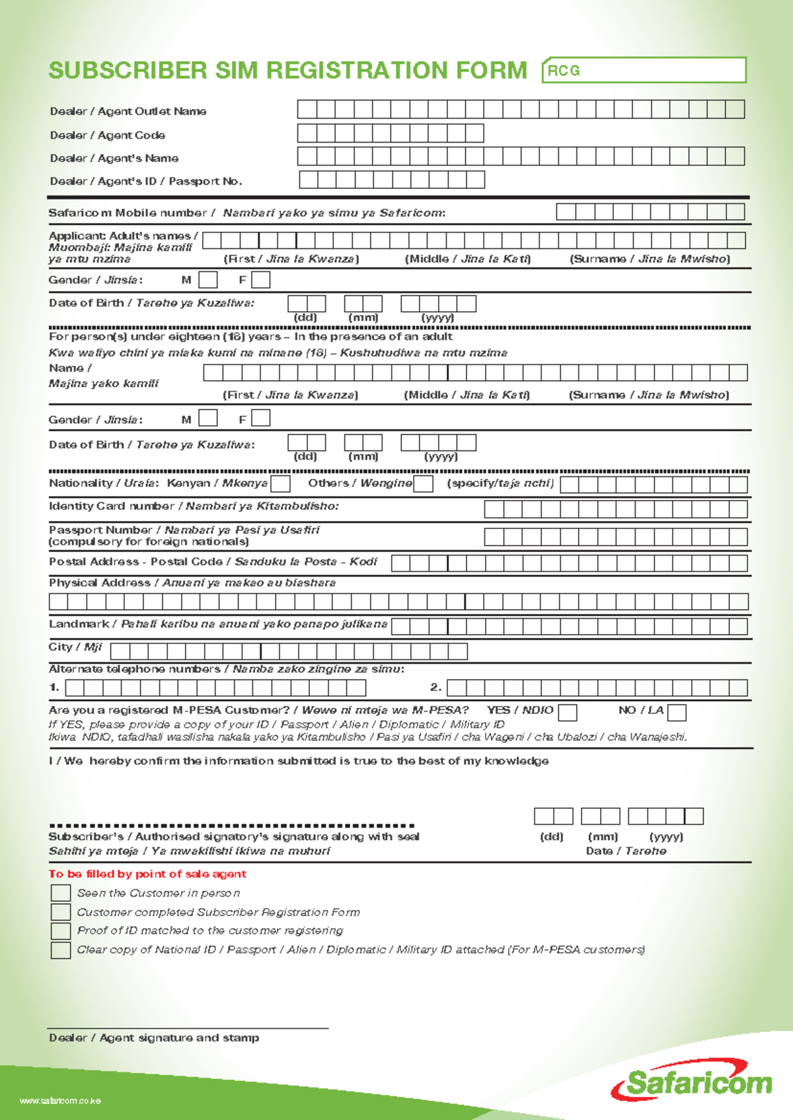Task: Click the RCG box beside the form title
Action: pyautogui.click(x=644, y=70)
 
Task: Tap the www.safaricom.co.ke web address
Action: pyautogui.click(x=60, y=1101)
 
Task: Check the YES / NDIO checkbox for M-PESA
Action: pyautogui.click(x=567, y=713)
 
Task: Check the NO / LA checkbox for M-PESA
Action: pyautogui.click(x=677, y=713)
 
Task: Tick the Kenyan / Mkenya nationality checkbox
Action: pyautogui.click(x=281, y=484)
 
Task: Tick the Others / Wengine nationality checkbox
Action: pyautogui.click(x=423, y=484)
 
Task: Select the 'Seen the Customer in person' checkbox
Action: pyautogui.click(x=61, y=893)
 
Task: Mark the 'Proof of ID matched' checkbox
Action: pyautogui.click(x=61, y=930)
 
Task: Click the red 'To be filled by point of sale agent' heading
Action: pyautogui.click(x=147, y=874)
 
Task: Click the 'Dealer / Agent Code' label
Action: pyautogui.click(x=108, y=135)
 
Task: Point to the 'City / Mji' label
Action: pyautogui.click(x=75, y=647)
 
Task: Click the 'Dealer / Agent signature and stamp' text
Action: pyautogui.click(x=154, y=1038)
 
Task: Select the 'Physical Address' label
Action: pyautogui.click(x=100, y=583)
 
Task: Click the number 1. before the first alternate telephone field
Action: pyautogui.click(x=54, y=687)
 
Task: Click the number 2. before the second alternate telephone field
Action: pyautogui.click(x=435, y=687)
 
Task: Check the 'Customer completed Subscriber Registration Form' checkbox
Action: pyautogui.click(x=61, y=912)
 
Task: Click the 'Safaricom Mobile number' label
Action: pyautogui.click(x=128, y=213)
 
